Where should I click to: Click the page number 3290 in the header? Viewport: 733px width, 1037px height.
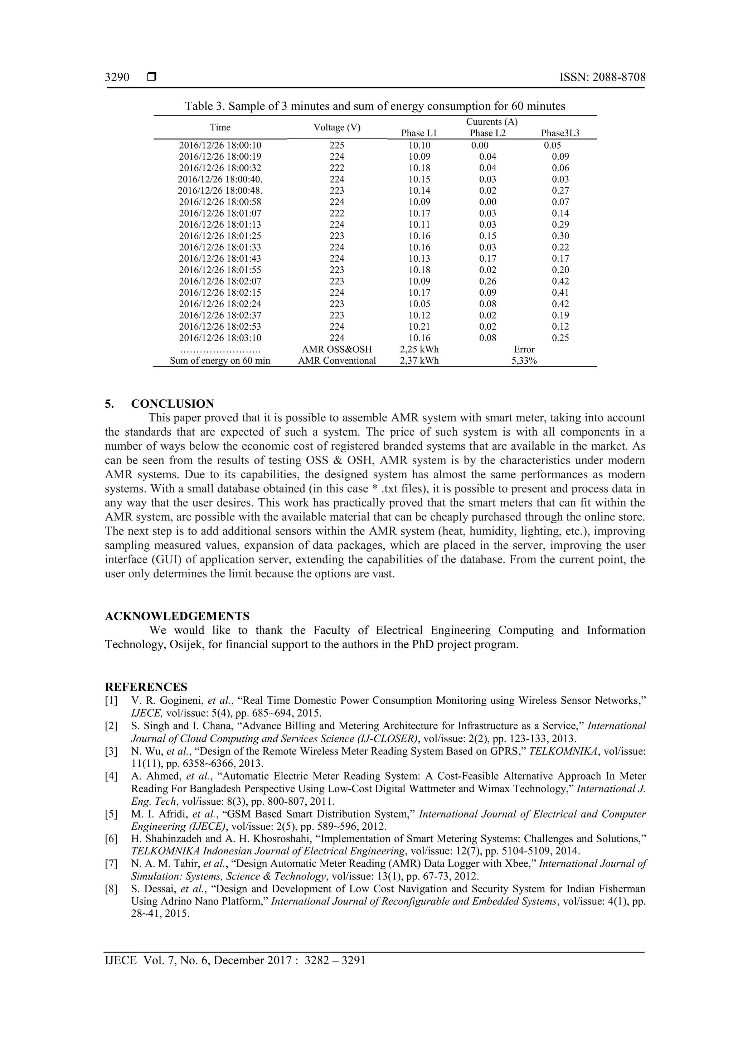[x=117, y=77]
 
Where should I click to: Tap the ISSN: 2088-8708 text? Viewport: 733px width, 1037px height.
[x=602, y=77]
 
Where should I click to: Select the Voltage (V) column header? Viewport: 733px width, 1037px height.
[x=337, y=127]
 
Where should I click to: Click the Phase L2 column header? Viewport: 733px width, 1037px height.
[x=487, y=133]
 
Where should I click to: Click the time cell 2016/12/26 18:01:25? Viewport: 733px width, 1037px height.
[x=220, y=236]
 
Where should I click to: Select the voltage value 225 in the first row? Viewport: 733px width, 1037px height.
[x=337, y=145]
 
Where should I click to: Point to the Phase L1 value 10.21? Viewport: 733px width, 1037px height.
[x=419, y=326]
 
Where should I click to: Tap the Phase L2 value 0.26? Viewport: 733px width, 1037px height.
[x=487, y=281]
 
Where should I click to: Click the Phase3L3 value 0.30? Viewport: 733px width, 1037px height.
[x=560, y=236]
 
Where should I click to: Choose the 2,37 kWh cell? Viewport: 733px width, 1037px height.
[x=419, y=360]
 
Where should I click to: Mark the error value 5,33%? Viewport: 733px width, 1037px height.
[x=524, y=360]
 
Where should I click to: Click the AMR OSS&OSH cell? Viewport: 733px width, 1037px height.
[x=337, y=349]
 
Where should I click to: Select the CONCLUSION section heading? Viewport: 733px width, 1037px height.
[x=173, y=404]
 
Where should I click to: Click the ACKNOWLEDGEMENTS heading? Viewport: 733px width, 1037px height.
[x=177, y=616]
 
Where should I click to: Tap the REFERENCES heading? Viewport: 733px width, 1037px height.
[x=146, y=687]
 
